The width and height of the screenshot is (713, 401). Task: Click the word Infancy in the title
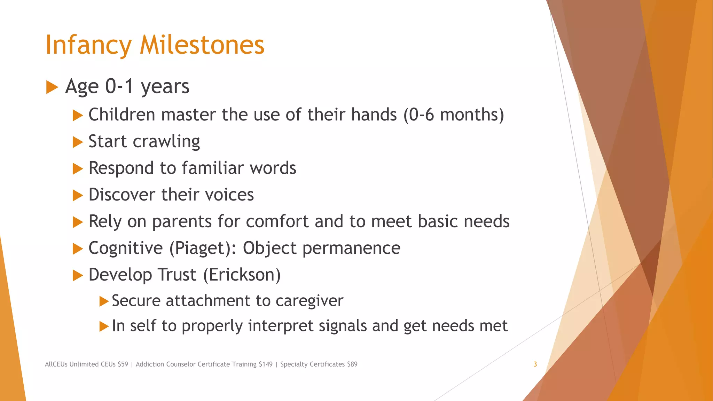[88, 45]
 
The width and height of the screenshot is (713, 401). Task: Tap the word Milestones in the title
[202, 45]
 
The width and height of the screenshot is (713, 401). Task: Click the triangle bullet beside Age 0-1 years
[52, 87]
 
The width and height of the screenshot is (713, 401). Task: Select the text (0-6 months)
[454, 115]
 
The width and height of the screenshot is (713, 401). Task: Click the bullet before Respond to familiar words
[78, 169]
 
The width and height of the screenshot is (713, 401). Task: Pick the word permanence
[351, 249]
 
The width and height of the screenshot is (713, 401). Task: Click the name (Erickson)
[242, 275]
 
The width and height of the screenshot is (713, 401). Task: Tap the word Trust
[177, 275]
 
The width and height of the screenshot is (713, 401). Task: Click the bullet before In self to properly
[104, 327]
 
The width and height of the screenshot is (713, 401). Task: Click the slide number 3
[535, 364]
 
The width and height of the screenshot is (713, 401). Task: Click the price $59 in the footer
[123, 364]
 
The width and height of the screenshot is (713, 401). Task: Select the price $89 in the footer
[352, 364]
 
